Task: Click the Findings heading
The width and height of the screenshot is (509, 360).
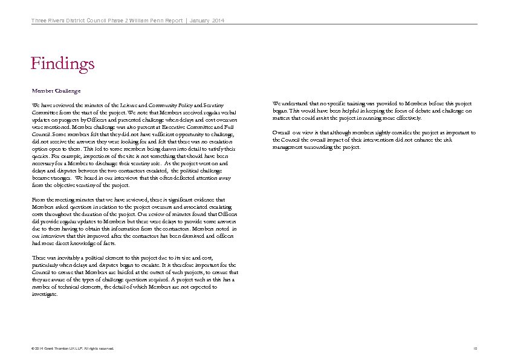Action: [x=63, y=63]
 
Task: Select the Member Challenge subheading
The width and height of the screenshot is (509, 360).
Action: [x=55, y=90]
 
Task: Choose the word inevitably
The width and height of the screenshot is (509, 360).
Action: [x=65, y=258]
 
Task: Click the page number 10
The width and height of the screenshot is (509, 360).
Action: [x=475, y=349]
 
